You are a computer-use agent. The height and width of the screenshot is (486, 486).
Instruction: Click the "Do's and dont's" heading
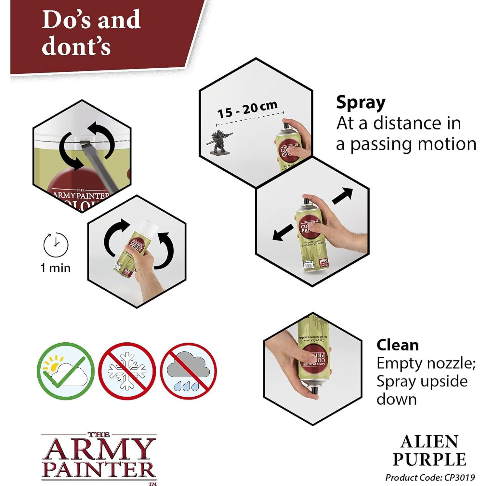point(91,33)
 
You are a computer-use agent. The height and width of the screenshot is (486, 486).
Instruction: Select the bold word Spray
point(361,102)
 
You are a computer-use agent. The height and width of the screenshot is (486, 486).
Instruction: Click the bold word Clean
point(397,345)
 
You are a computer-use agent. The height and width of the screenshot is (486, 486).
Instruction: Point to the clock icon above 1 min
point(56,244)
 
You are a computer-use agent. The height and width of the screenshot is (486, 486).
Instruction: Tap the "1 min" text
point(55,268)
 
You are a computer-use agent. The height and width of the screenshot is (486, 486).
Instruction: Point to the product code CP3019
point(430,477)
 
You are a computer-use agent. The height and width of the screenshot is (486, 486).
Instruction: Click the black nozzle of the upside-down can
point(314,390)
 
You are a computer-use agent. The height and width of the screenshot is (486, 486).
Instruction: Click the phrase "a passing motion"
point(406,144)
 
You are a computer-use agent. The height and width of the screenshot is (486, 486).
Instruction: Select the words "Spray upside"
point(422,381)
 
